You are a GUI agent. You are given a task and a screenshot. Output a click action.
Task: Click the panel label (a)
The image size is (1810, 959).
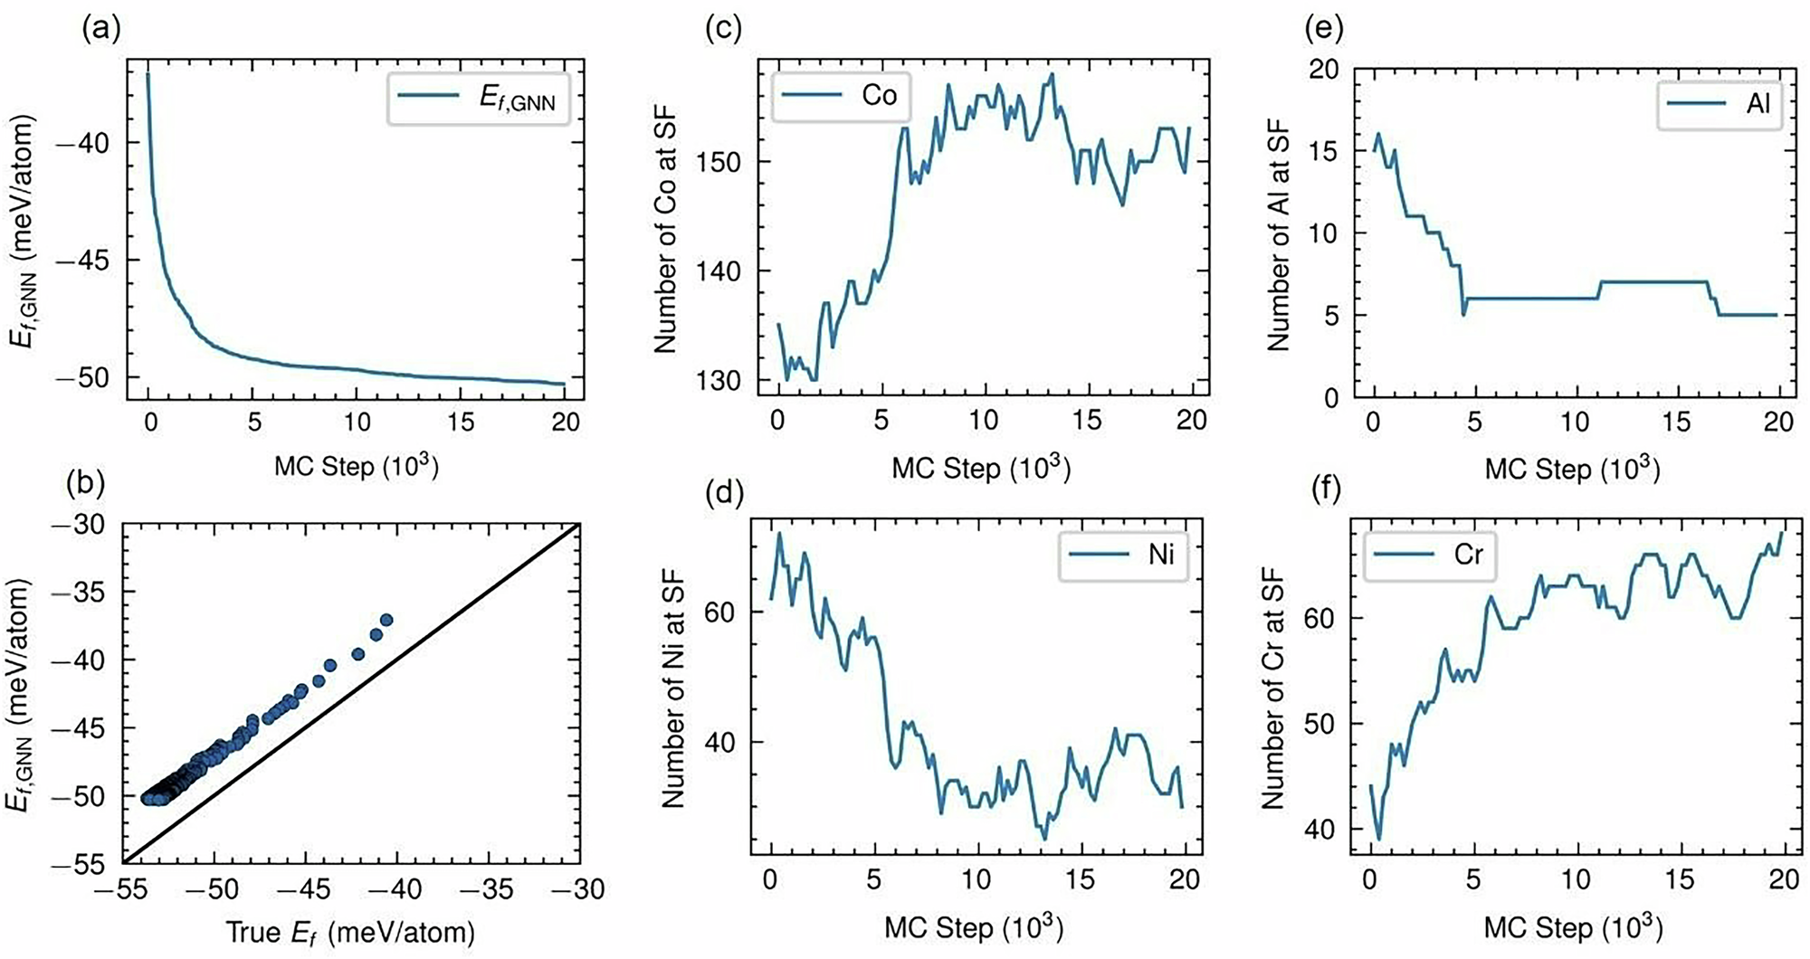tap(100, 30)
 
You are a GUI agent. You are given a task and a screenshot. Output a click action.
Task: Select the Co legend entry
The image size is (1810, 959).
tap(841, 94)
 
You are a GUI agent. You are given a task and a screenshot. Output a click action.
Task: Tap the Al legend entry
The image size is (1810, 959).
tap(1719, 103)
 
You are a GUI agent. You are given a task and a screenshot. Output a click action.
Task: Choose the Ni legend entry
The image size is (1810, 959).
tap(1122, 554)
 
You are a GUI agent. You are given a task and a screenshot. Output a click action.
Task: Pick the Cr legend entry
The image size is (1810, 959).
tap(1429, 553)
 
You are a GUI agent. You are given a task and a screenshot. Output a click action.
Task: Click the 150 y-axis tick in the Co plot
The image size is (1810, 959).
tap(719, 162)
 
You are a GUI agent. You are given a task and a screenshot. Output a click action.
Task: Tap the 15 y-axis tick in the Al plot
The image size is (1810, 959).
tap(1324, 151)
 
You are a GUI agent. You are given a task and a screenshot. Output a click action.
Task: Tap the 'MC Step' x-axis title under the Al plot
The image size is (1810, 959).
tap(1572, 468)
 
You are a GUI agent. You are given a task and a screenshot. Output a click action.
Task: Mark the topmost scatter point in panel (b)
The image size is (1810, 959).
tap(386, 620)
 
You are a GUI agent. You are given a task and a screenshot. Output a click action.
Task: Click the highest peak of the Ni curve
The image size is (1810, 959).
tap(779, 533)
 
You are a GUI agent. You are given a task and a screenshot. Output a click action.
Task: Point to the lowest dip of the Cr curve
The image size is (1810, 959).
tap(1379, 839)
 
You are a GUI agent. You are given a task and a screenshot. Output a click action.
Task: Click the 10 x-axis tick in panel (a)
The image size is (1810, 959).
tap(357, 422)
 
